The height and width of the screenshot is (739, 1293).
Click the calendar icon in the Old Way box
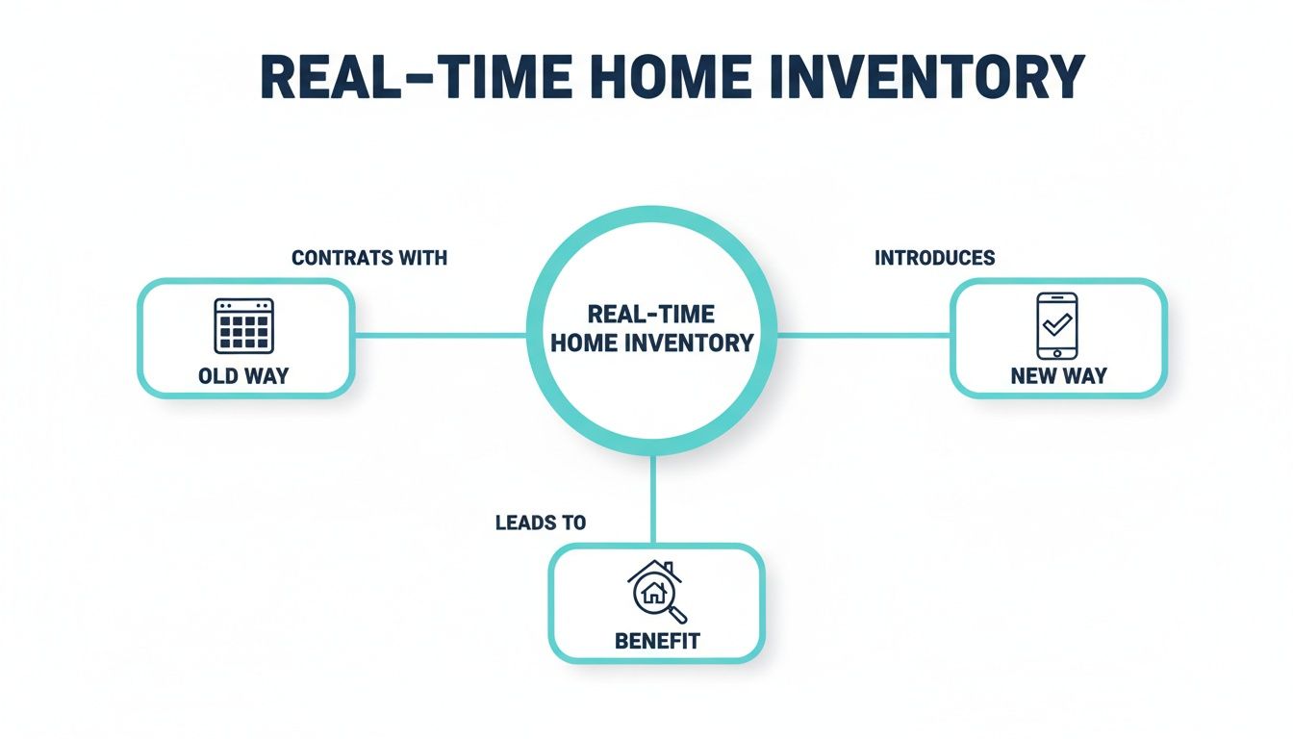coord(243,325)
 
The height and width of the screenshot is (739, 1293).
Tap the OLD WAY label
coord(243,375)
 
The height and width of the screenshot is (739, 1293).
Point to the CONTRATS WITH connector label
coord(368,258)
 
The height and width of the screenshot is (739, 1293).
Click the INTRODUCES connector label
coord(934,258)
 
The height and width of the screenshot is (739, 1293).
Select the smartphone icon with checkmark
coord(1056,325)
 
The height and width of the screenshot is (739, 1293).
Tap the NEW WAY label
coord(1058,375)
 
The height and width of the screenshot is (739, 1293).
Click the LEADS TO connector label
coord(540,522)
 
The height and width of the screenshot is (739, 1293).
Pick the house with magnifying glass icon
coord(655,591)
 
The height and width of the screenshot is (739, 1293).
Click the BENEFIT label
coord(657,641)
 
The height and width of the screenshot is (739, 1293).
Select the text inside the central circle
coord(651,328)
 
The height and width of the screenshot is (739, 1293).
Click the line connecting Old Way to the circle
coord(440,336)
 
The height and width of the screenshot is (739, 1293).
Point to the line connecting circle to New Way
coord(863,336)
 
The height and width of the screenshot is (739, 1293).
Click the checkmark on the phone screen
coord(1056,322)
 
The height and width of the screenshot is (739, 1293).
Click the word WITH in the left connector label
coord(423,258)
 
